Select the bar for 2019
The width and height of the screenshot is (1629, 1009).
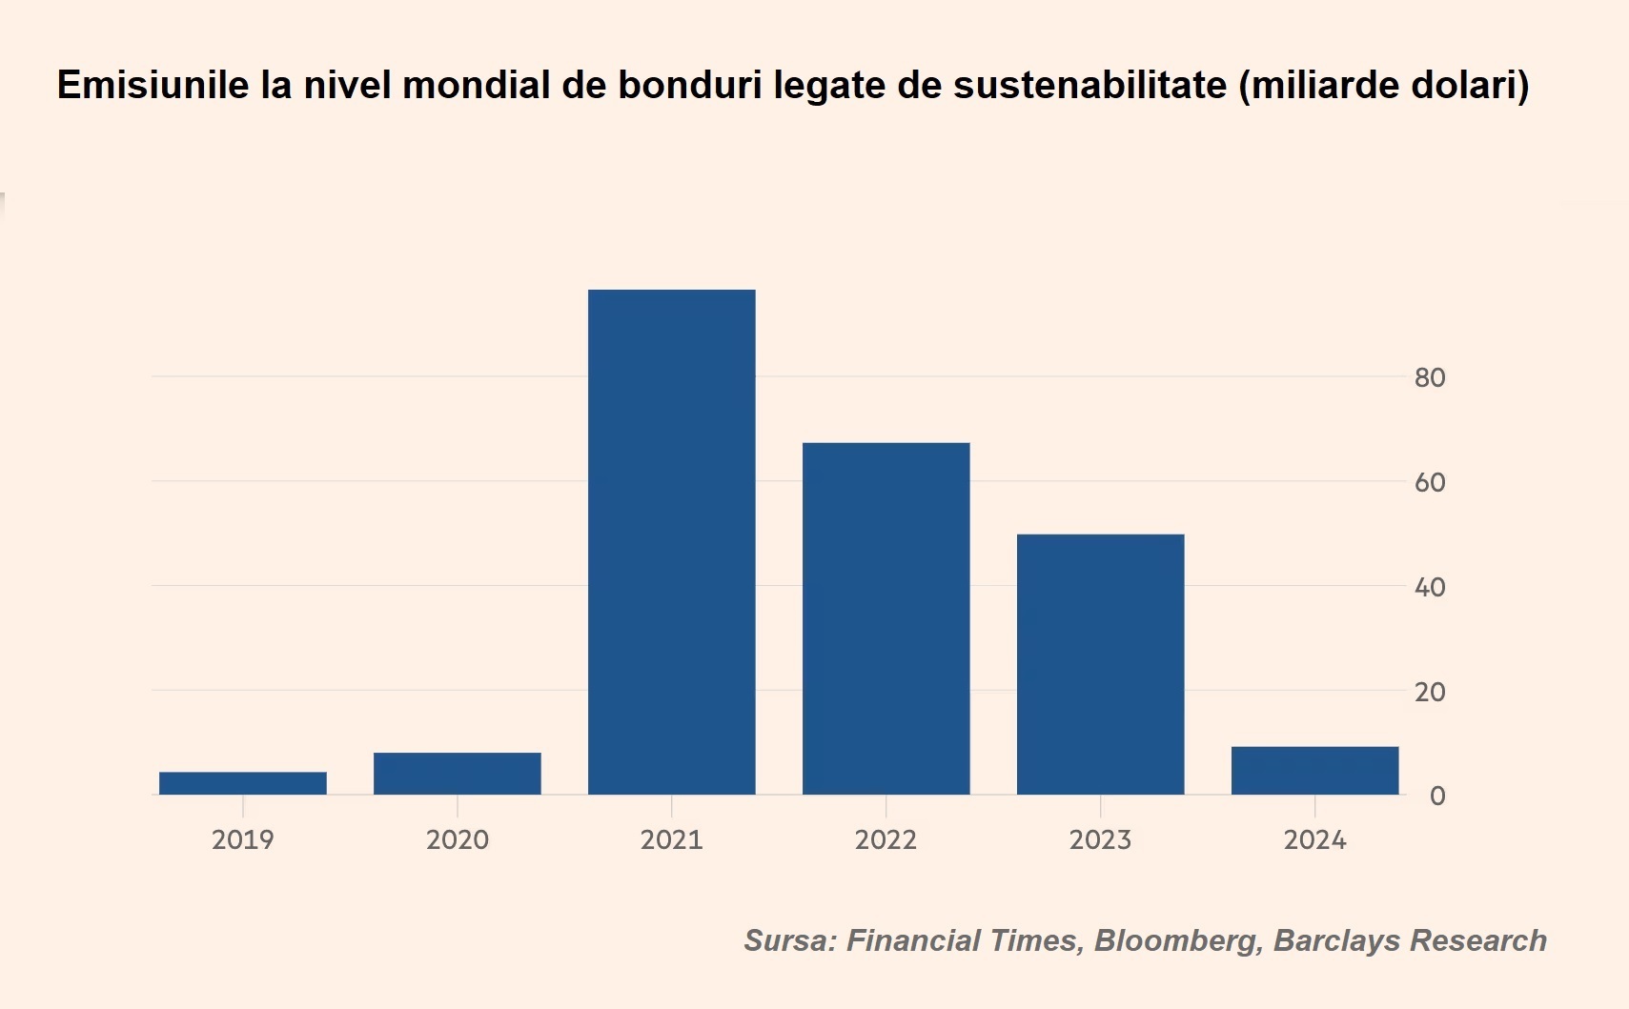click(243, 782)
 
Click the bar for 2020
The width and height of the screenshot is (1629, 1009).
click(458, 773)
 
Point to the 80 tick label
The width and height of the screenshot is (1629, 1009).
click(1430, 378)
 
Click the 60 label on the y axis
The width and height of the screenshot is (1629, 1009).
click(1430, 483)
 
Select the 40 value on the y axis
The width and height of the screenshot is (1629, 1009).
click(1430, 587)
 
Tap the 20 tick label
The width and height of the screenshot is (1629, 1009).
click(1430, 692)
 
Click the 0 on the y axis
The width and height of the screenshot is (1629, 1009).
click(1437, 796)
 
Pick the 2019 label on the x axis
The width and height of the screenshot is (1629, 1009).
click(243, 839)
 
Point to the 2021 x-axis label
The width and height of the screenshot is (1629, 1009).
click(672, 839)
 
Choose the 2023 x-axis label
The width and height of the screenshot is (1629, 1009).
click(1101, 839)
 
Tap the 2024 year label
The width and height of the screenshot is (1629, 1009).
click(1315, 839)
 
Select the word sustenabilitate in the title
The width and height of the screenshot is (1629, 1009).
click(1089, 85)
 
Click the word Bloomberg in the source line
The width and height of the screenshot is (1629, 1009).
click(1174, 940)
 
